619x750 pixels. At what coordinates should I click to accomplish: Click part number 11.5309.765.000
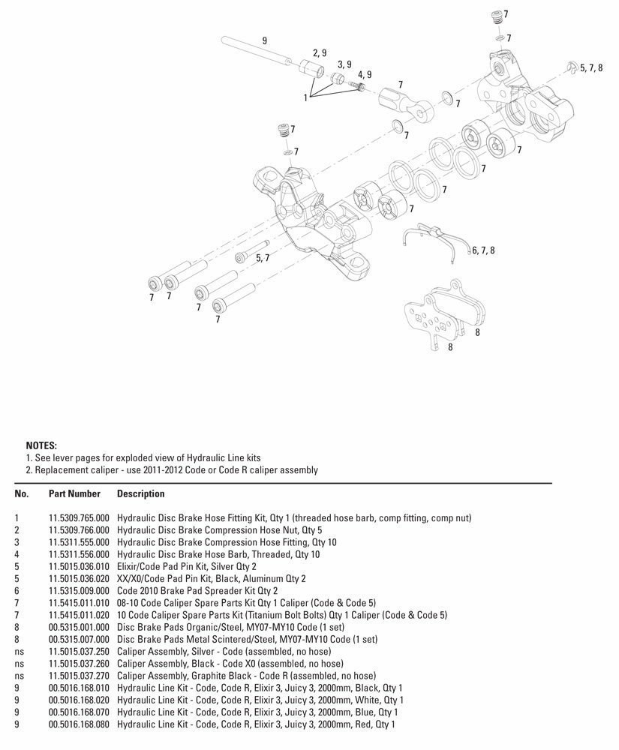click(79, 518)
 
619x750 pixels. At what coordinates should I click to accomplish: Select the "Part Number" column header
click(74, 494)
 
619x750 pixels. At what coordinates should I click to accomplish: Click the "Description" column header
click(141, 494)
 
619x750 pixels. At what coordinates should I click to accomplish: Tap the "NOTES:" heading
click(41, 445)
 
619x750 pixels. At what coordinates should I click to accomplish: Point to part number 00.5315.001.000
click(79, 627)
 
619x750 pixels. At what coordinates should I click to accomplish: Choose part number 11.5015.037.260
click(79, 664)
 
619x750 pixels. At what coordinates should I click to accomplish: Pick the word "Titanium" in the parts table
click(269, 615)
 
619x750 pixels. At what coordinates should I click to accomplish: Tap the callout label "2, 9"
click(320, 52)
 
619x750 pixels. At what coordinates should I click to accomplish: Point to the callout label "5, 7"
click(263, 258)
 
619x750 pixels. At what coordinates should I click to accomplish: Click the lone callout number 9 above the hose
click(265, 40)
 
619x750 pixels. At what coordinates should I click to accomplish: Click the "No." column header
click(22, 494)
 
